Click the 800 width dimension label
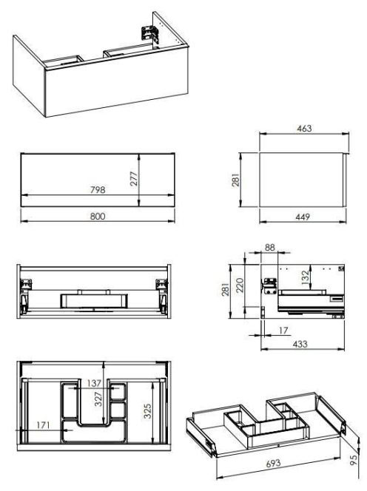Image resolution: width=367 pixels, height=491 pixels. (98, 217)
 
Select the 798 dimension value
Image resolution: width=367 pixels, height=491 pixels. (98, 190)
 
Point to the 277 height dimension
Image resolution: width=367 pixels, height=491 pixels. (134, 179)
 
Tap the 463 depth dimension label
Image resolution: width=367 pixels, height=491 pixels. (304, 129)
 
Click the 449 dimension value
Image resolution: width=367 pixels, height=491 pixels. (303, 217)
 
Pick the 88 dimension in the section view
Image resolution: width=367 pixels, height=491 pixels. (270, 248)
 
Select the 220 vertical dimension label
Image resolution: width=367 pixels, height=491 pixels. (240, 285)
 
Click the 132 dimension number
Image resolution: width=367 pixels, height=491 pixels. (305, 278)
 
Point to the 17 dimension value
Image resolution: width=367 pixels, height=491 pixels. (283, 331)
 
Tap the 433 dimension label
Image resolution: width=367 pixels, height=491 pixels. (300, 344)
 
